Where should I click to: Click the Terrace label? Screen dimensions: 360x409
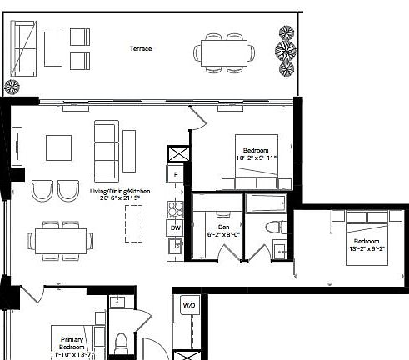pos(141,49)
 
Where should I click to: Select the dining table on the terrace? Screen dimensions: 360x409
pos(225,52)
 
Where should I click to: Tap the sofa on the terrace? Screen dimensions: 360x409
pos(22,48)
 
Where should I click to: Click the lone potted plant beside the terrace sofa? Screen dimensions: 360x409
pos(12,86)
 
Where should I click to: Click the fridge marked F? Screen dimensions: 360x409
pos(177,175)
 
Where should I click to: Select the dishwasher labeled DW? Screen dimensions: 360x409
pos(176,227)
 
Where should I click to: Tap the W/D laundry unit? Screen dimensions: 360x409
pos(189,307)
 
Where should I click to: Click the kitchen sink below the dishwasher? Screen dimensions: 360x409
pos(176,245)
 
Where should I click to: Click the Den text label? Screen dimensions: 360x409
pos(223,226)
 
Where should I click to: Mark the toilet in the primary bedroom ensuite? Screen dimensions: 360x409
pos(121,343)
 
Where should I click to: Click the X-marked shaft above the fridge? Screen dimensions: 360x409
pos(177,154)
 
